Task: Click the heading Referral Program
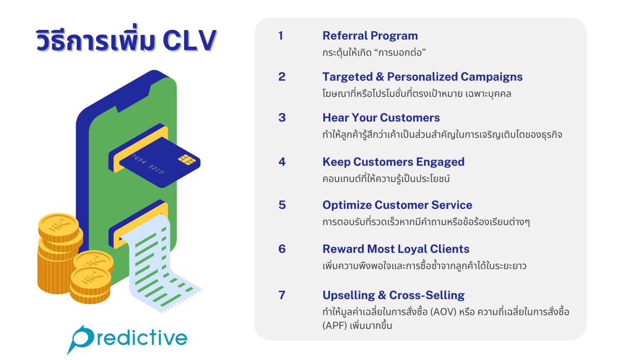370,36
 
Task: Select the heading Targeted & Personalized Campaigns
422,77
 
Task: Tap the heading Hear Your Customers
381,118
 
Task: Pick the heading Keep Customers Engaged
393,162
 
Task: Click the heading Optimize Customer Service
397,205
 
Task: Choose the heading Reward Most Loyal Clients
396,249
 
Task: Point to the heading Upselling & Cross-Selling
393,295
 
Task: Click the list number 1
281,36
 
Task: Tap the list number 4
282,162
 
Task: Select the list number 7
282,295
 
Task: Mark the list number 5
282,205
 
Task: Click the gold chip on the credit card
187,160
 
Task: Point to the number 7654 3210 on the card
148,164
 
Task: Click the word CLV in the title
189,41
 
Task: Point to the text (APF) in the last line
335,325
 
